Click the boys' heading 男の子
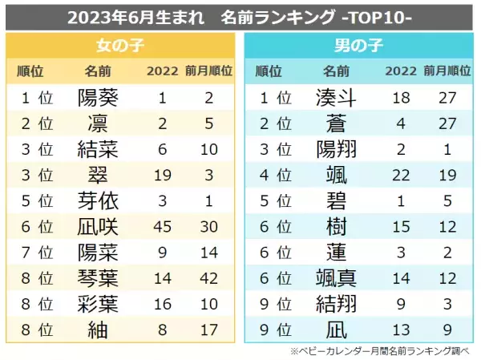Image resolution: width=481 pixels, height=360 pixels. pyautogui.click(x=361, y=44)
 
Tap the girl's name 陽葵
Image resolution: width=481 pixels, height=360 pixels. pyautogui.click(x=98, y=99)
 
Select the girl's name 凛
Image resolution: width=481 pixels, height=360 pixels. pyautogui.click(x=98, y=124)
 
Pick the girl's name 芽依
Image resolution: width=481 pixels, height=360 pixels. pyautogui.click(x=98, y=200)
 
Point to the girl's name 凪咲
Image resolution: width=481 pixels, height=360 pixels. pyautogui.click(x=98, y=226)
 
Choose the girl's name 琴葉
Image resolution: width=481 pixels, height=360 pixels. pyautogui.click(x=98, y=277)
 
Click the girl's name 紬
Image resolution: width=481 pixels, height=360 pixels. pyautogui.click(x=98, y=328)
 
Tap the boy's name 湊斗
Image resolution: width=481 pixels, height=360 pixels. pyautogui.click(x=337, y=99)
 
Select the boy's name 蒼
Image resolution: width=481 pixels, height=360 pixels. pyautogui.click(x=337, y=124)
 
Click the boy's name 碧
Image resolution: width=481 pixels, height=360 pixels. pyautogui.click(x=337, y=200)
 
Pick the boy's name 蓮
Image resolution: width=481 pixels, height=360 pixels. pyautogui.click(x=337, y=252)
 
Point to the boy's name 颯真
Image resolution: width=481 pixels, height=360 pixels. pyautogui.click(x=337, y=277)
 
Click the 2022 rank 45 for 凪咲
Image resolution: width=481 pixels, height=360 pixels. pyautogui.click(x=162, y=226)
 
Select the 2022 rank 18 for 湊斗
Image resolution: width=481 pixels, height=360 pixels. pyautogui.click(x=401, y=99)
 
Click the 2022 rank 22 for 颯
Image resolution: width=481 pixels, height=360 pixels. pyautogui.click(x=401, y=176)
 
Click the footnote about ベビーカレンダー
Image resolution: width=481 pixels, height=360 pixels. pyautogui.click(x=384, y=350)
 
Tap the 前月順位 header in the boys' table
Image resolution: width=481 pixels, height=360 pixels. pyautogui.click(x=447, y=71)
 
